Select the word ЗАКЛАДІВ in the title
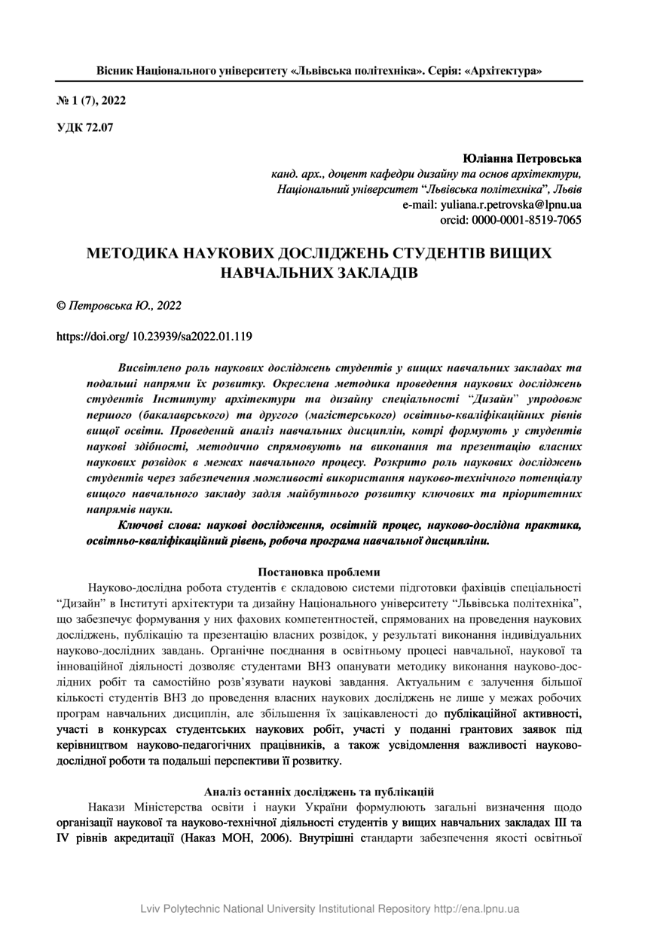tap(374, 272)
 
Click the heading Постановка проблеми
tap(319, 572)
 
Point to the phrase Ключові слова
tap(156, 525)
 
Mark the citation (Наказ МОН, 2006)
tap(233, 837)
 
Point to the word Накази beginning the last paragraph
tap(109, 806)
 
